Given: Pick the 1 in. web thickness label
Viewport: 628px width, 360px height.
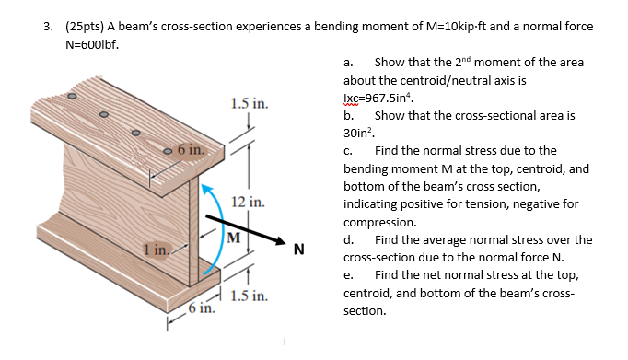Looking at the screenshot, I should tap(154, 247).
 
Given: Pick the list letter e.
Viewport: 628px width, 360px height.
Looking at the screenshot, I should tap(347, 275).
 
